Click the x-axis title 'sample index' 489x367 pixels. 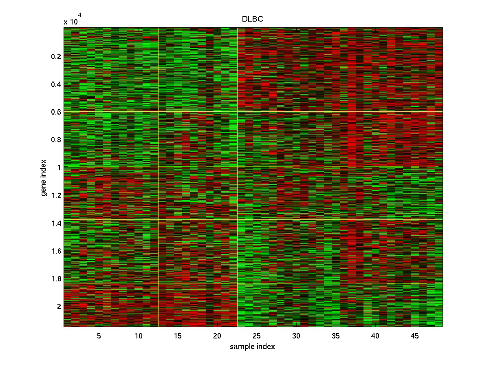[252, 347]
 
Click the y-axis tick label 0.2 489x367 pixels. [56, 56]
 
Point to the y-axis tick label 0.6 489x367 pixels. [56, 112]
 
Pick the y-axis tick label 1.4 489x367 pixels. [56, 223]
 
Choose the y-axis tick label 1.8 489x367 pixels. [56, 279]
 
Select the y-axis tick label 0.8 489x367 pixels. [56, 140]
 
